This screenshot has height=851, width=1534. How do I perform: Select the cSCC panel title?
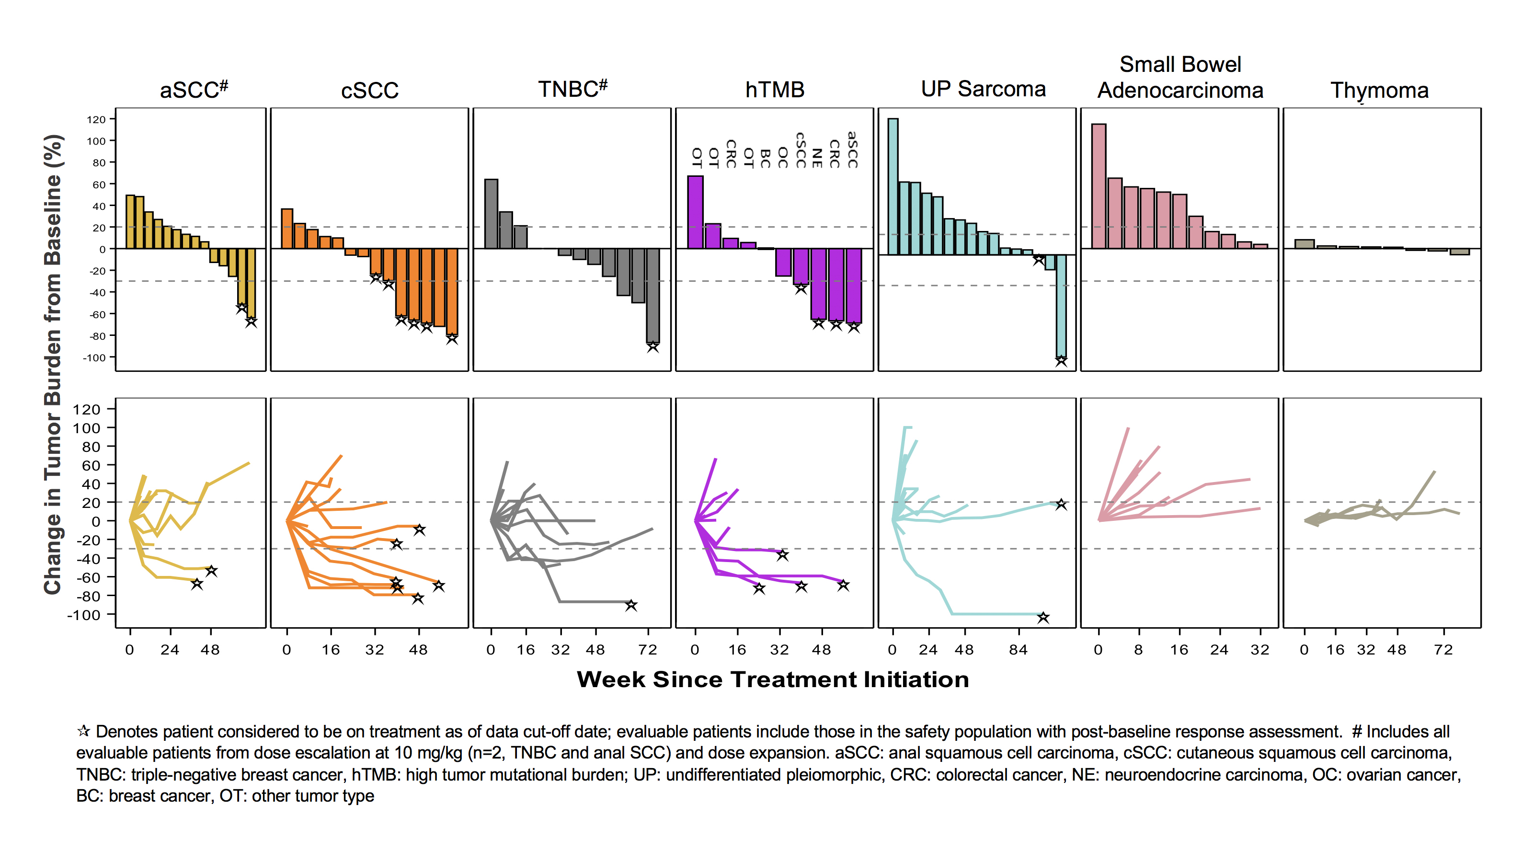[x=369, y=91]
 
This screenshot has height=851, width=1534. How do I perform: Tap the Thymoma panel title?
[x=1379, y=91]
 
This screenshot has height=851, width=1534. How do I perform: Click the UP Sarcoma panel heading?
[x=983, y=89]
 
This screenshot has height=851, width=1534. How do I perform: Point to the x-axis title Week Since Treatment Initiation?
[x=772, y=679]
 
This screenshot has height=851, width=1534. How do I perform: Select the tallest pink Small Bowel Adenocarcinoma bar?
[x=1099, y=186]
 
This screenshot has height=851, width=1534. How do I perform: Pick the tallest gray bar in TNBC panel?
[x=491, y=213]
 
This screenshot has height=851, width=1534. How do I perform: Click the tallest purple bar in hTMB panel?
[x=695, y=211]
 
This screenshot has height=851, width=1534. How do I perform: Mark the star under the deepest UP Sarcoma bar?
[x=1061, y=361]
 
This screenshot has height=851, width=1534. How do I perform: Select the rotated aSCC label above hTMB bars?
[x=853, y=149]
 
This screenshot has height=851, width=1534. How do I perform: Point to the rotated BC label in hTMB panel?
[x=766, y=159]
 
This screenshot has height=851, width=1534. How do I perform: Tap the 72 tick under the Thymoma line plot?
[x=1443, y=650]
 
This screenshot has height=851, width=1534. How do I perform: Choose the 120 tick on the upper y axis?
[x=96, y=120]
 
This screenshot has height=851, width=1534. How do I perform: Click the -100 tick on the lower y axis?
[x=83, y=615]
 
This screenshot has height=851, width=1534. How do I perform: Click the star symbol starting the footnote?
[x=84, y=731]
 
